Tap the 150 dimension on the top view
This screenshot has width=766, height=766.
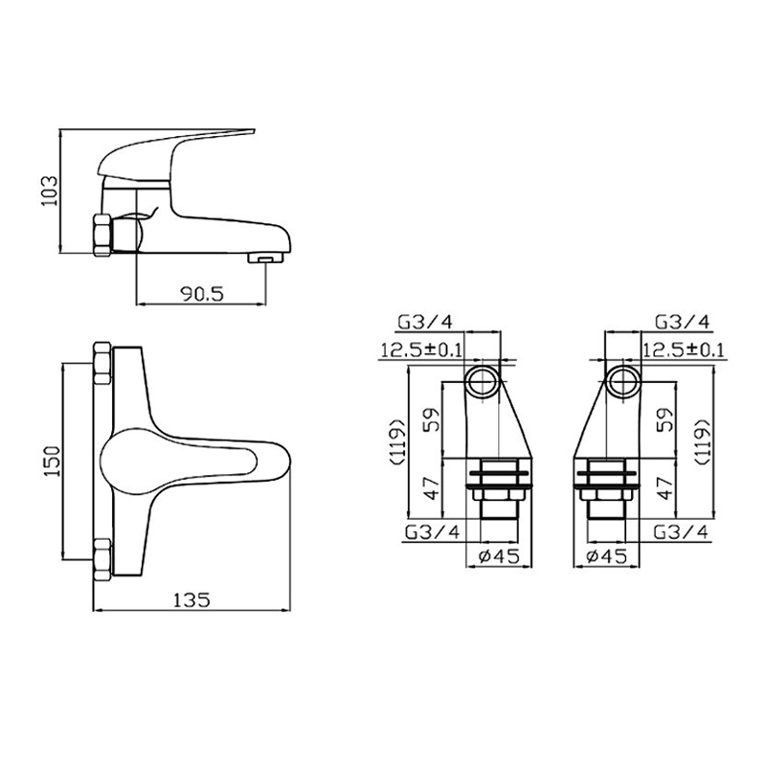coord(52,461)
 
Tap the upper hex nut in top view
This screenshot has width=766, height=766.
coord(102,363)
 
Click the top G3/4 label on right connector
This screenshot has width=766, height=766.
coord(681,321)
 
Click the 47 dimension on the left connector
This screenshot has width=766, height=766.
coord(429,489)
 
